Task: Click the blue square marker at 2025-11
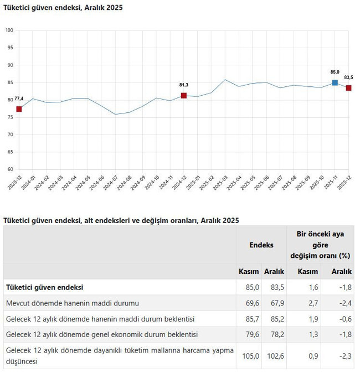335,82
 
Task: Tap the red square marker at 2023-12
19,109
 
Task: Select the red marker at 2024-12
184,96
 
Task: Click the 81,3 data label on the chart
184,85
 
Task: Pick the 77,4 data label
19,99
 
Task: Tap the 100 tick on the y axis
9,30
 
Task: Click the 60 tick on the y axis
9,169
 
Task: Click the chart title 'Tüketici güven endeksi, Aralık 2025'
63,8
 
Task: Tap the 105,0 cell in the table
250,356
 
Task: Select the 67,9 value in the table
275,303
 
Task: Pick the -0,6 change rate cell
344,319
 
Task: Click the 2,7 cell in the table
313,303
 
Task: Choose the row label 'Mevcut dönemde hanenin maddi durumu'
72,303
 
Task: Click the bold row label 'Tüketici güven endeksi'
44,287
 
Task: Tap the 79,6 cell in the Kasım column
250,335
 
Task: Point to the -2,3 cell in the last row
344,356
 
